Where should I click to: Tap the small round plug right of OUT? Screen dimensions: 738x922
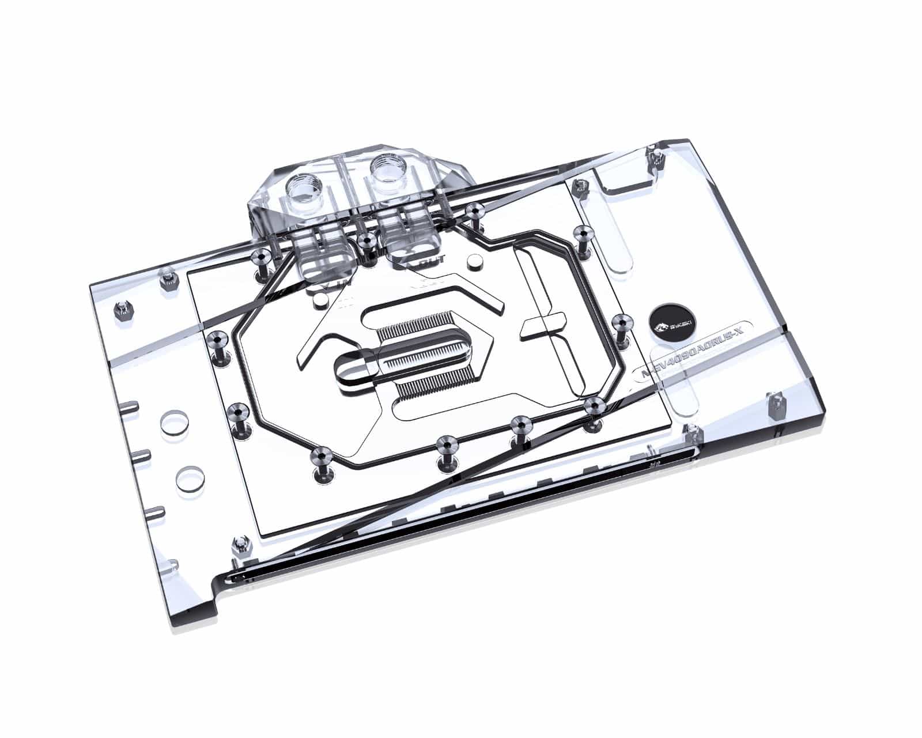click(475, 262)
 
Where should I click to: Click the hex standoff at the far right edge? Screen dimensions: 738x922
click(776, 405)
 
